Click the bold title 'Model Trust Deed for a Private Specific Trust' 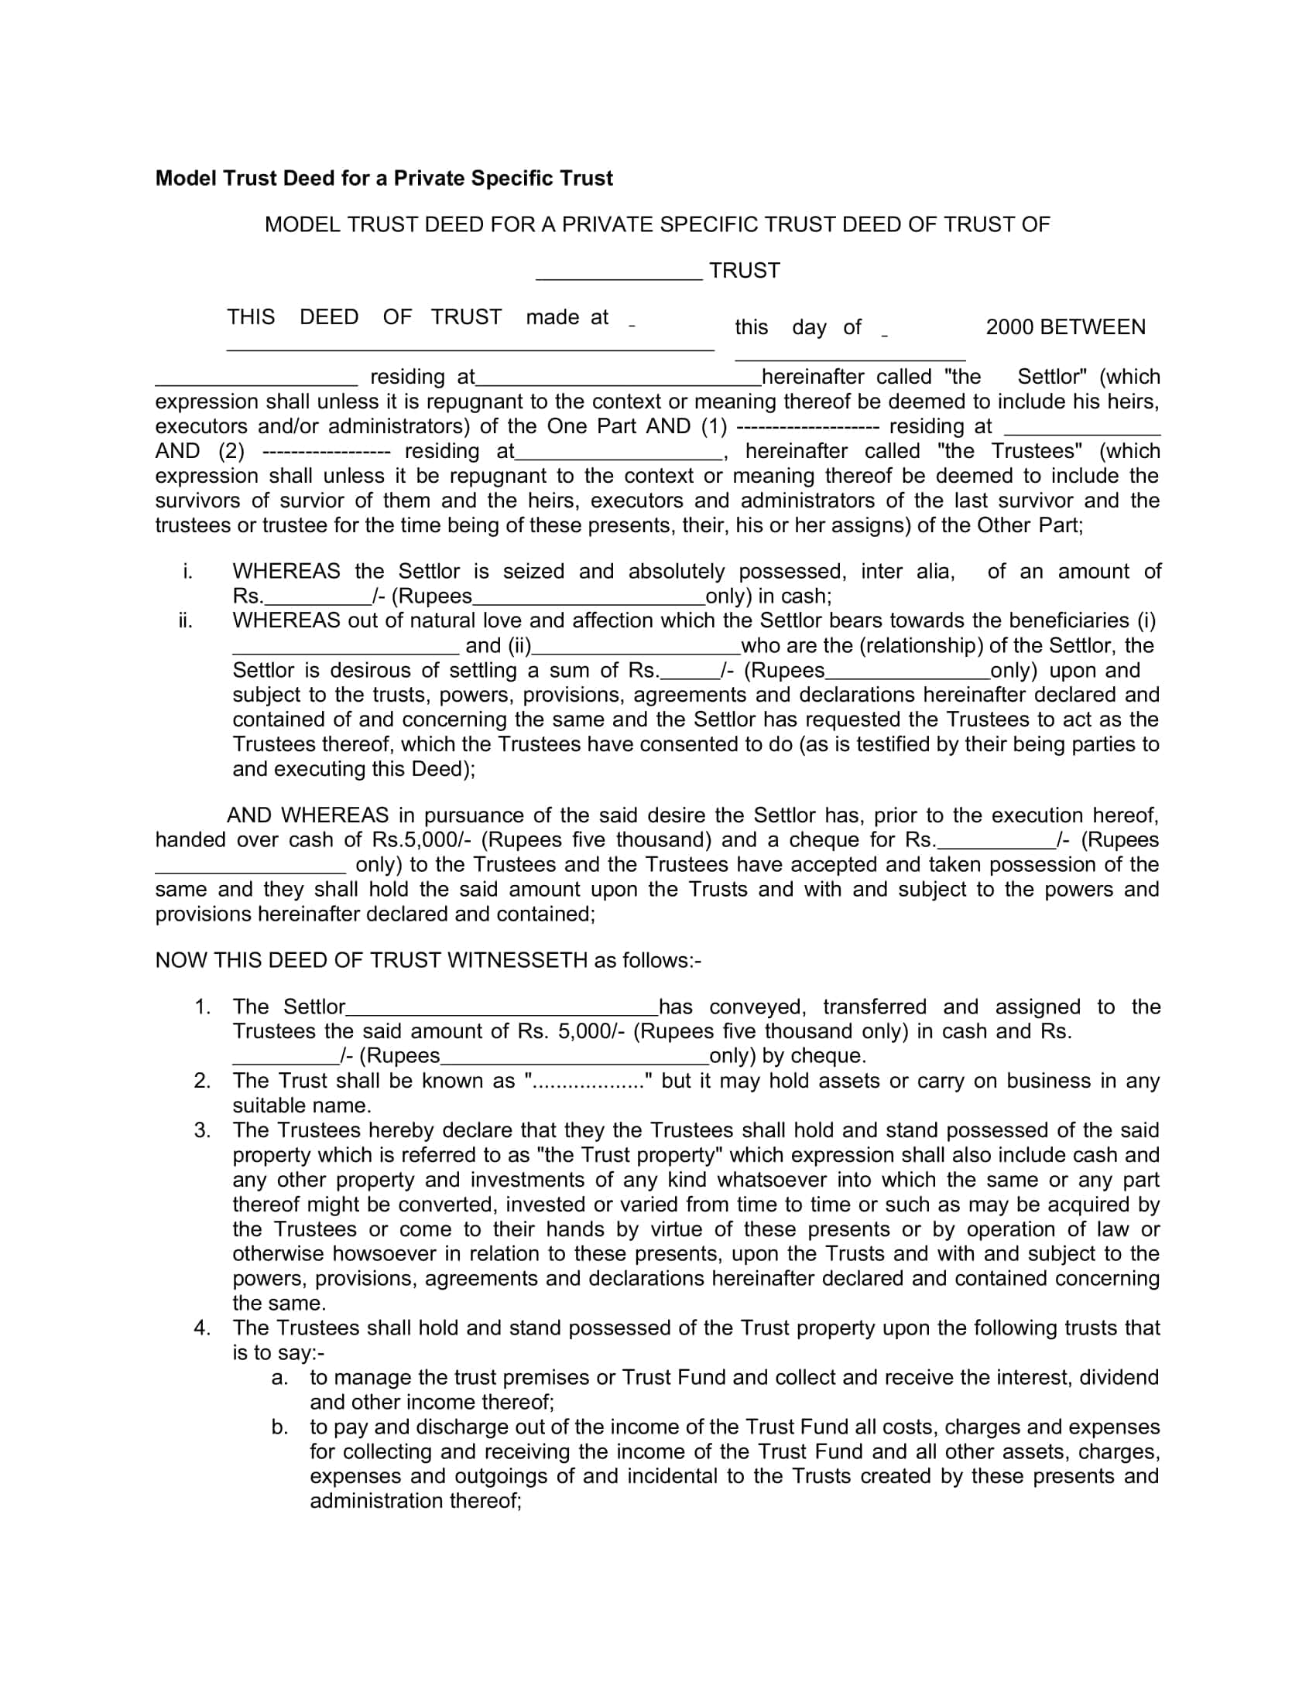click(x=383, y=179)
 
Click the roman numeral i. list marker click(x=187, y=571)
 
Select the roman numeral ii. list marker click(x=186, y=621)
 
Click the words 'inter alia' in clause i click(x=906, y=571)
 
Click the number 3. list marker click(x=202, y=1131)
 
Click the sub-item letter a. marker click(x=280, y=1378)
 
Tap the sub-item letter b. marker click(x=280, y=1427)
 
